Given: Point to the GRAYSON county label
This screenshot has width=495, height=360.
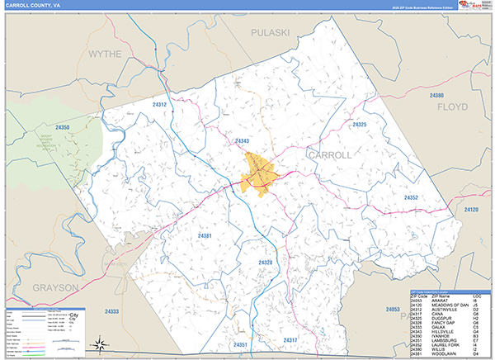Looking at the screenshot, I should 56,287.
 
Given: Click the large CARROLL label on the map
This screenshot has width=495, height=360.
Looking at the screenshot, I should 329,154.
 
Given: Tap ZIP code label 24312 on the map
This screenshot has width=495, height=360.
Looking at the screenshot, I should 160,105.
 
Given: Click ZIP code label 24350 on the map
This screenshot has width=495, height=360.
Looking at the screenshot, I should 64,128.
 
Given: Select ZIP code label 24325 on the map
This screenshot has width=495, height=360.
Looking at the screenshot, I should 359,124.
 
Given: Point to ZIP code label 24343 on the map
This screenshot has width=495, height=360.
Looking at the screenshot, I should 242,141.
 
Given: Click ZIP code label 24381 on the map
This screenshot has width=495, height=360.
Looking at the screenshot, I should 205,236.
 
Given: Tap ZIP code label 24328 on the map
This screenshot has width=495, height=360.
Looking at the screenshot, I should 265,262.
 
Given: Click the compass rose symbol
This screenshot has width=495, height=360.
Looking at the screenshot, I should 98,343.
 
